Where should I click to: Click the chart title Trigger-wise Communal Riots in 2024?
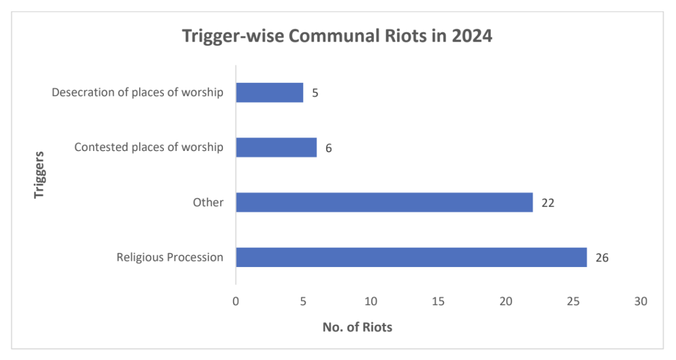[337, 37]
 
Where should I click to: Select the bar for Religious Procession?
[411, 257]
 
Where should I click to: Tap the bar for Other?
[384, 202]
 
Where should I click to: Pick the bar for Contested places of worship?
[276, 148]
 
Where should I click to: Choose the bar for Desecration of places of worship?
[269, 92]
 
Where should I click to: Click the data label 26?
[602, 257]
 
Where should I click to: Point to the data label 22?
[548, 203]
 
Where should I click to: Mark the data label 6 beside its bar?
[328, 148]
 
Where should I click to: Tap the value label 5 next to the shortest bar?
[315, 93]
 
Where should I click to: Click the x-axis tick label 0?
[235, 301]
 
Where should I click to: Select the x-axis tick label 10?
[371, 301]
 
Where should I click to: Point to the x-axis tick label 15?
[438, 301]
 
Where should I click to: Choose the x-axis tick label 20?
[506, 301]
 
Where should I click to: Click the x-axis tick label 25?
[573, 301]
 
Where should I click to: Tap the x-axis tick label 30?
[641, 301]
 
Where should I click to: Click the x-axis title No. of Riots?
[357, 327]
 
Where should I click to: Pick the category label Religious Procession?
[170, 257]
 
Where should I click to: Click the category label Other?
[209, 203]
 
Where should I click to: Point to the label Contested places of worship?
[149, 148]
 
